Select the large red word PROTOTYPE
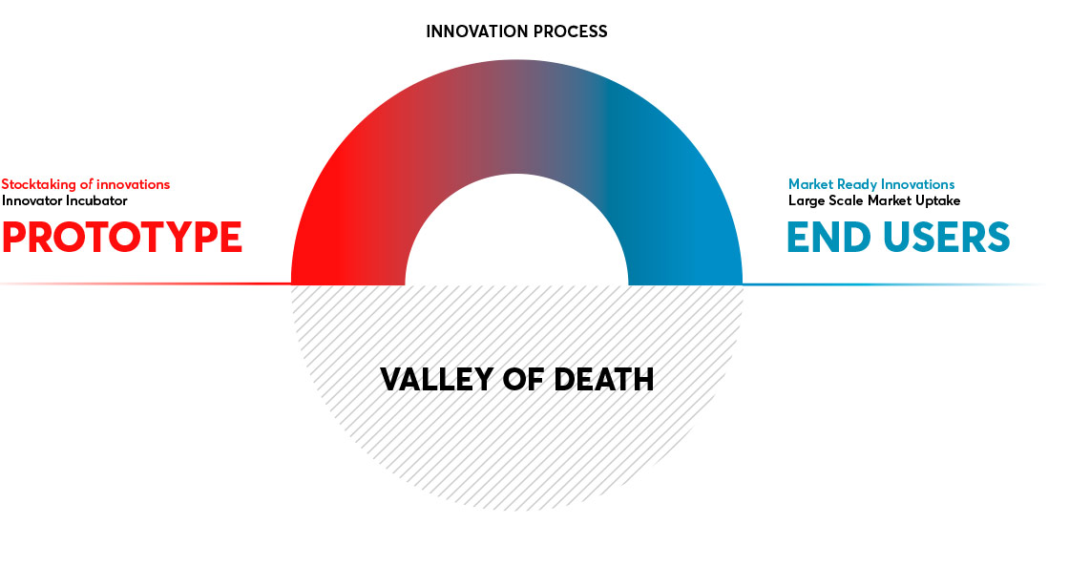121,237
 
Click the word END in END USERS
828,237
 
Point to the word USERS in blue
947,237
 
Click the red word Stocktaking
39,185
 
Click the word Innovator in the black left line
31,201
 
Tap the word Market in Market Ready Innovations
810,184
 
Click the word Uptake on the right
937,201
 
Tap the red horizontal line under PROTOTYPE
145,283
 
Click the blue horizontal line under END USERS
893,284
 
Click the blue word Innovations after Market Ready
916,184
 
